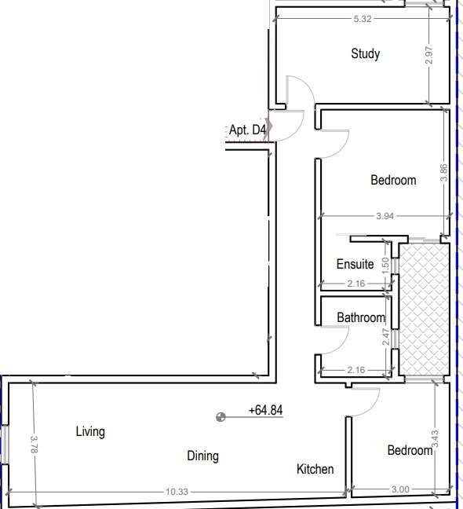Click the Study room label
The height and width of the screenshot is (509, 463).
click(366, 54)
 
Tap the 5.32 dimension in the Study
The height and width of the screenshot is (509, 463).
click(363, 19)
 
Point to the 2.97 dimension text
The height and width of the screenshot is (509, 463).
click(428, 55)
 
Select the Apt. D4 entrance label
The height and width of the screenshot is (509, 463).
click(247, 130)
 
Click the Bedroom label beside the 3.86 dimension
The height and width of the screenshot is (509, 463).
click(393, 180)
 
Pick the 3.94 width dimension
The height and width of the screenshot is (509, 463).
click(385, 216)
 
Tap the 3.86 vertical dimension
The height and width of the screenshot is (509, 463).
click(443, 173)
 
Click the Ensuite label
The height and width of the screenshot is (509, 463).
click(355, 264)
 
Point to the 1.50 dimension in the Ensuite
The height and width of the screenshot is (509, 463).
click(385, 265)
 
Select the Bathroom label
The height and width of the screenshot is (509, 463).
click(361, 317)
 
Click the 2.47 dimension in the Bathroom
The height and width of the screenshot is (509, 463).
click(385, 337)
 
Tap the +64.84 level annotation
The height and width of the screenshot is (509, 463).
click(265, 410)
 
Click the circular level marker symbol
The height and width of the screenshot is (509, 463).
click(221, 417)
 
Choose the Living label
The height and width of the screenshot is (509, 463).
click(90, 432)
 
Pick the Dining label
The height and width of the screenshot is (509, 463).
click(202, 456)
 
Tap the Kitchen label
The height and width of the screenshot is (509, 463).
click(315, 469)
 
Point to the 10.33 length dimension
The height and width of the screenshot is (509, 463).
click(177, 492)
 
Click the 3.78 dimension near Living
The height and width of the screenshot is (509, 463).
click(34, 445)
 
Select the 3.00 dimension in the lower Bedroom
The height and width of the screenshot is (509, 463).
click(400, 489)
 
